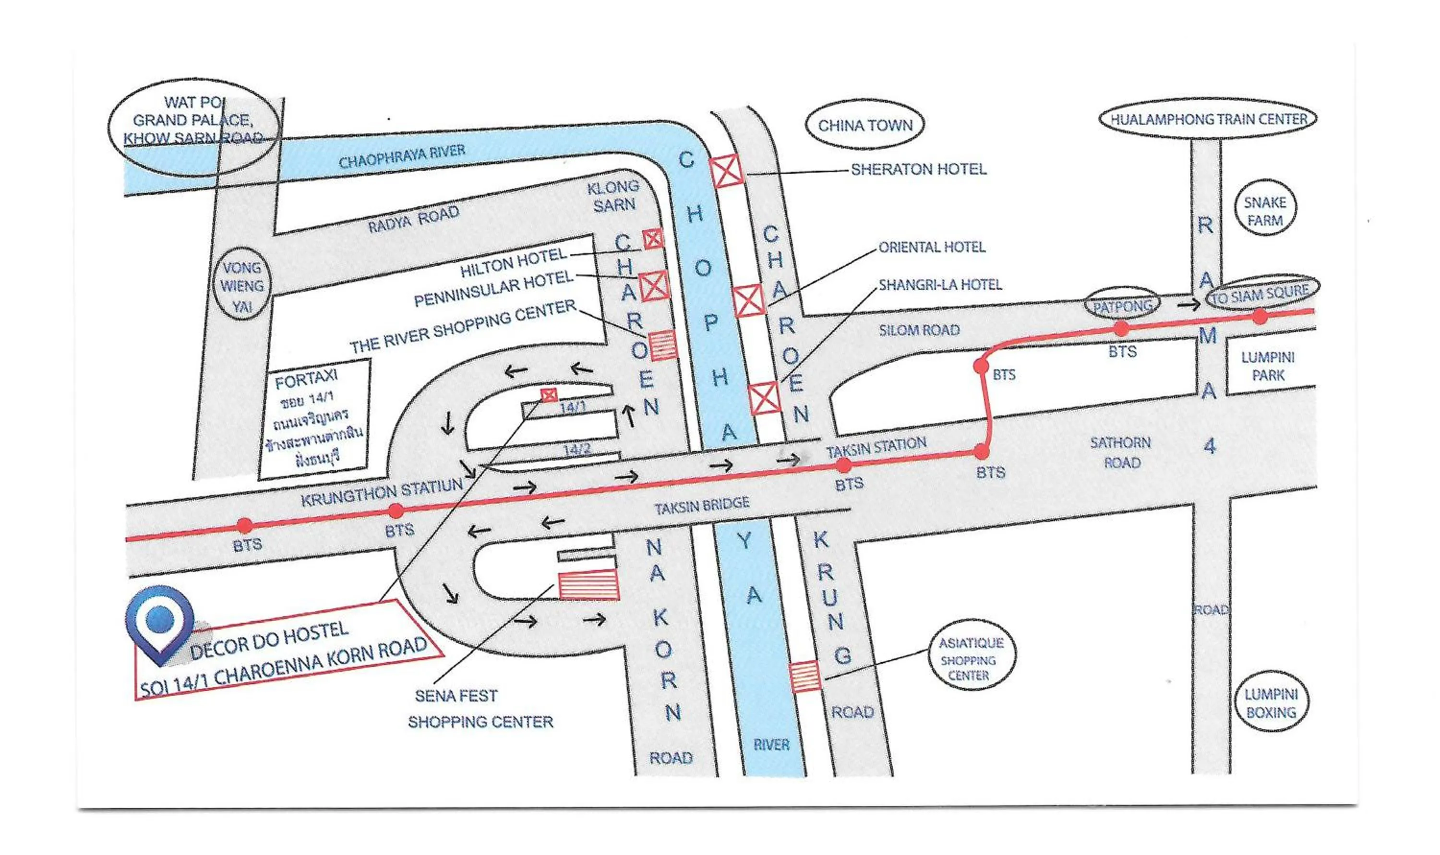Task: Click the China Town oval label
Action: (864, 125)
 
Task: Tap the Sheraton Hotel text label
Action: (919, 169)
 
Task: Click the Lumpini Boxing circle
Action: (1271, 703)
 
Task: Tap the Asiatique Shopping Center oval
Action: (972, 659)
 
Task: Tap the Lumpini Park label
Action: (1268, 367)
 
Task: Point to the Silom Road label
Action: (919, 330)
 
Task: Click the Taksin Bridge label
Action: (701, 506)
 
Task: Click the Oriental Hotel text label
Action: (932, 247)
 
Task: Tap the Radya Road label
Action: (414, 219)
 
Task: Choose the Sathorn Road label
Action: (1120, 452)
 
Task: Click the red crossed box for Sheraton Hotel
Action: (727, 170)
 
